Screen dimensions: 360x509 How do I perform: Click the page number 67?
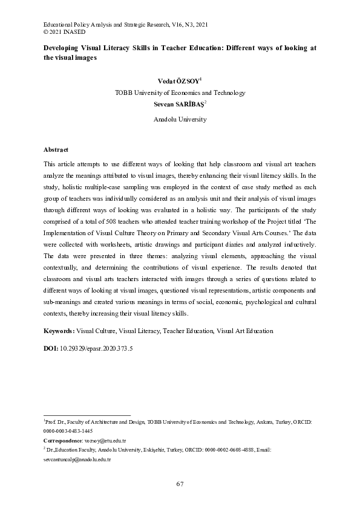[x=180, y=484]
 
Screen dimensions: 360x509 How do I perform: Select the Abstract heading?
[x=56, y=149]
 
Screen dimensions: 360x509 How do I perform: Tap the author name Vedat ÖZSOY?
[x=178, y=80]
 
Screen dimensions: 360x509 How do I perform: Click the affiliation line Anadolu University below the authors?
[x=180, y=120]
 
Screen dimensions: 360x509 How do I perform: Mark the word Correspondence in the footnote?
[x=62, y=441]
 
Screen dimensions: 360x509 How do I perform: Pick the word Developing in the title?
[x=64, y=48]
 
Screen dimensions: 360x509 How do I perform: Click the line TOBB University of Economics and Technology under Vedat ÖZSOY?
[x=180, y=92]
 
